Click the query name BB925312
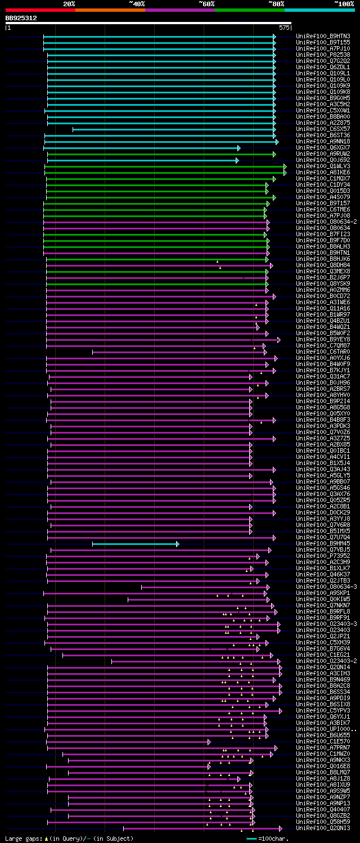[x=21, y=18]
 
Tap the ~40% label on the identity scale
[x=137, y=3]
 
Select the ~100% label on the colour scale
[x=344, y=3]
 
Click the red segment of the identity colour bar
[x=40, y=10]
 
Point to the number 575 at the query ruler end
[x=283, y=27]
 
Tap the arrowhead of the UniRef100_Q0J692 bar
[x=237, y=160]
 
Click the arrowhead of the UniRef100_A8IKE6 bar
[x=285, y=173]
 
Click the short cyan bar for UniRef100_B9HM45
[x=135, y=544]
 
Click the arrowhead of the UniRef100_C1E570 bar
[x=209, y=742]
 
